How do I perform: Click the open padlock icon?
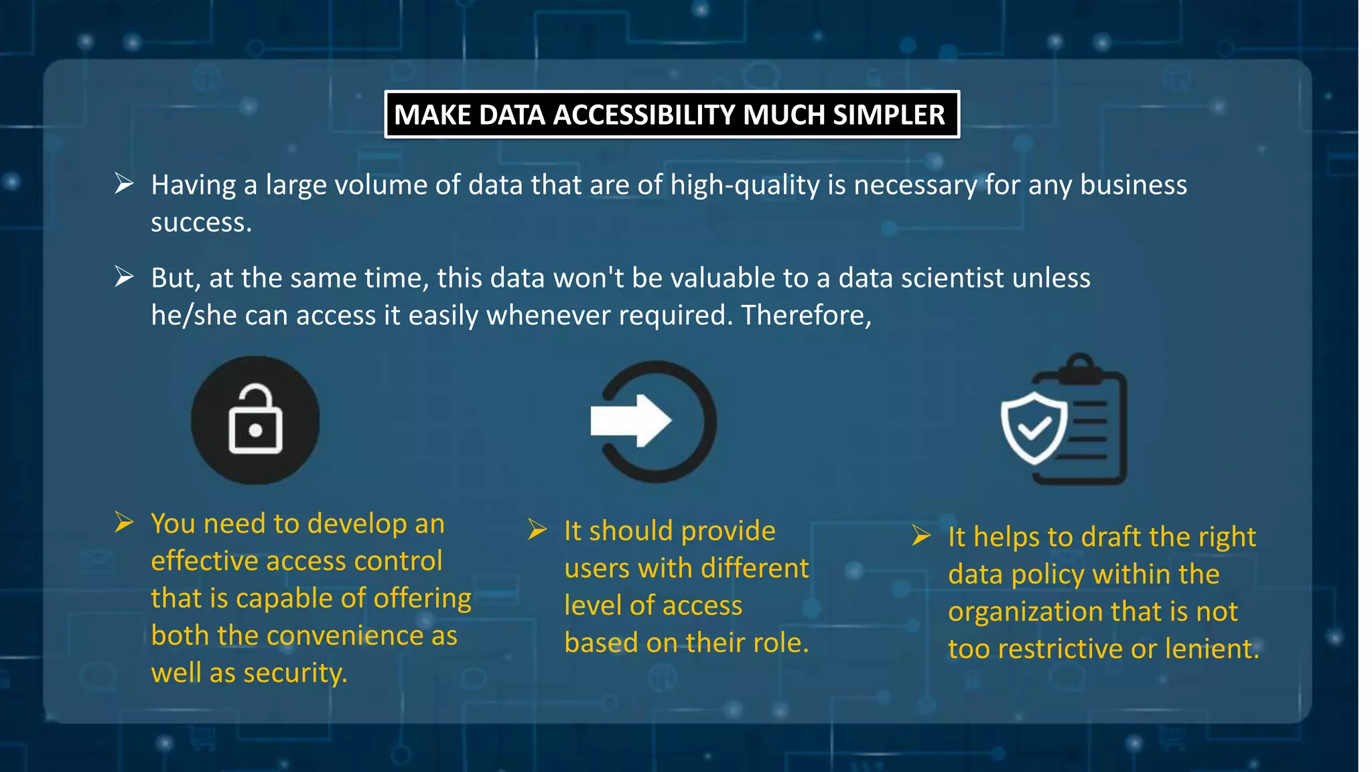pyautogui.click(x=255, y=420)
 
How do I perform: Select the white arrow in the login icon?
pyautogui.click(x=630, y=421)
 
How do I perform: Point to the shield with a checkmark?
pyautogui.click(x=1034, y=428)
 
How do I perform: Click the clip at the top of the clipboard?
pyautogui.click(x=1080, y=369)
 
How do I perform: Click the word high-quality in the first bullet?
pyautogui.click(x=745, y=185)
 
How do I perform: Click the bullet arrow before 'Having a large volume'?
pyautogui.click(x=124, y=183)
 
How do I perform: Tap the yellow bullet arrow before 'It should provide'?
pyautogui.click(x=537, y=529)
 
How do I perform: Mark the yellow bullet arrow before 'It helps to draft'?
pyautogui.click(x=921, y=535)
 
